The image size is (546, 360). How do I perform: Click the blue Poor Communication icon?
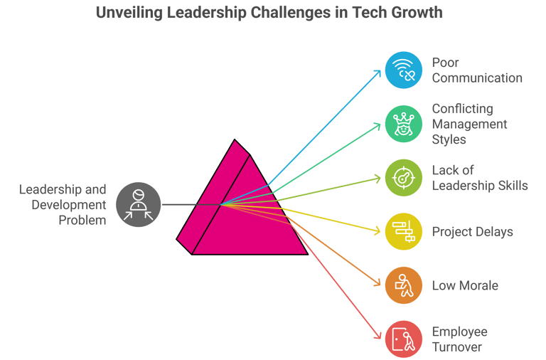coord(404,70)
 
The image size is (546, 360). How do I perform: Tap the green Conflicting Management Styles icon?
coord(404,124)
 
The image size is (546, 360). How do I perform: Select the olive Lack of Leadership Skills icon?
coord(404,177)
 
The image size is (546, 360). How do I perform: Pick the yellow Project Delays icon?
coord(404,231)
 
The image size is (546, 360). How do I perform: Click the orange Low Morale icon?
coord(404,285)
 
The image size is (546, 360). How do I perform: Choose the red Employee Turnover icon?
coord(404,339)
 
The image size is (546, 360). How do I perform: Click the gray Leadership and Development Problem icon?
coord(138,205)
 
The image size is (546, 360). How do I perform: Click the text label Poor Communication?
coord(476,70)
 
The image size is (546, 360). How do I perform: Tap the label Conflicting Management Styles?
coord(469,124)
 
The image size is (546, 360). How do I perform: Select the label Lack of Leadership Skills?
coord(479,178)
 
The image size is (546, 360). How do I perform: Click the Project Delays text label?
coord(472,231)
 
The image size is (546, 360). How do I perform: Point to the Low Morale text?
coord(465,285)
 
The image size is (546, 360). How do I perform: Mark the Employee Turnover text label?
coord(459,339)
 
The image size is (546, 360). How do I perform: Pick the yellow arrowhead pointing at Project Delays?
coord(378,231)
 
